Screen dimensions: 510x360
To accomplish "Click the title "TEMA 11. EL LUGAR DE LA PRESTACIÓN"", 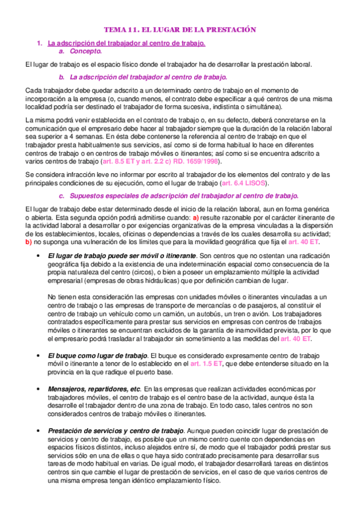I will point(180,29).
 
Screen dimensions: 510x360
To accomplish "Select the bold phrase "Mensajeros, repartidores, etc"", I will point(94,389).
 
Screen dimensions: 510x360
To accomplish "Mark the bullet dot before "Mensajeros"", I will point(38,389).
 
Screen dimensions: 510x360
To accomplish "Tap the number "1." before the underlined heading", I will point(40,43).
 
